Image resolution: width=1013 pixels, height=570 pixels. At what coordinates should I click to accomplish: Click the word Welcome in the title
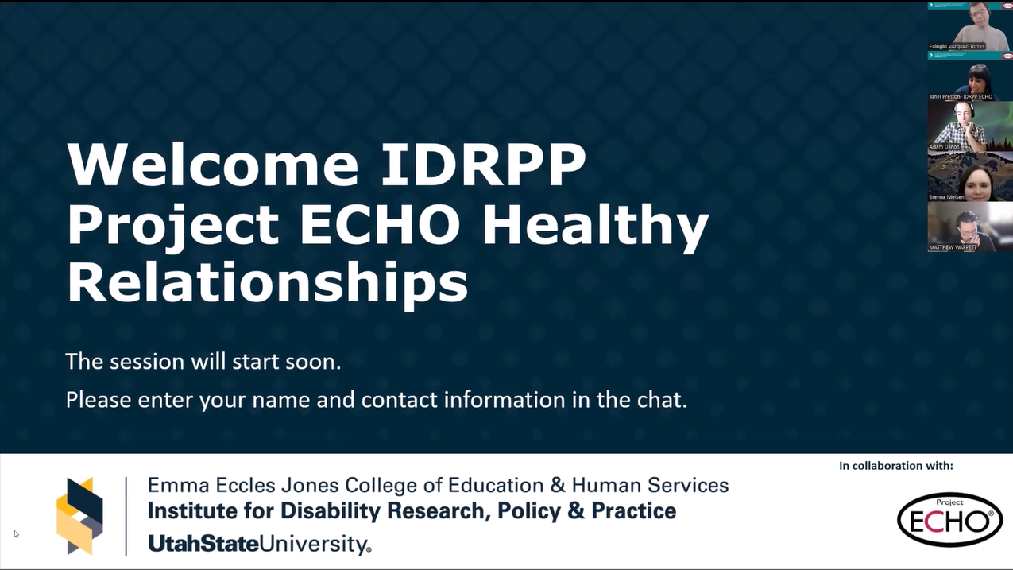click(x=213, y=165)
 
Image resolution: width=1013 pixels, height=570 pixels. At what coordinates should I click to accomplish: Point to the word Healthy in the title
click(x=595, y=227)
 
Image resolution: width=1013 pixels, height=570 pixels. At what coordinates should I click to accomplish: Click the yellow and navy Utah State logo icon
click(x=79, y=515)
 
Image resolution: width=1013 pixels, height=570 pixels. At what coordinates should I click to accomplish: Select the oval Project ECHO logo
click(x=949, y=519)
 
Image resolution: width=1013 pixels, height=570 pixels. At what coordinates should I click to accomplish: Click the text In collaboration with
click(x=895, y=466)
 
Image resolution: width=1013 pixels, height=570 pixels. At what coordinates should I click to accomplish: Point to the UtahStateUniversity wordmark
click(x=259, y=545)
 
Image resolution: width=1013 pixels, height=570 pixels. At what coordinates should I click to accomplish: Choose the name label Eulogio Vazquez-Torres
click(x=957, y=46)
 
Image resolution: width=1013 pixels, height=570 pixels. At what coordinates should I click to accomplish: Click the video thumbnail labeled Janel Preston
click(x=969, y=79)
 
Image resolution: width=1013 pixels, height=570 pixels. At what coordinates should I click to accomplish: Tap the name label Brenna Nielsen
click(x=946, y=197)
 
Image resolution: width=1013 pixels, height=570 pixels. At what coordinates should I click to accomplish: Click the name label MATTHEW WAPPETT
click(x=953, y=247)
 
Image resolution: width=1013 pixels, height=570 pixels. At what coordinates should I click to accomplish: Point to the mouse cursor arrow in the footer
click(x=16, y=533)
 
